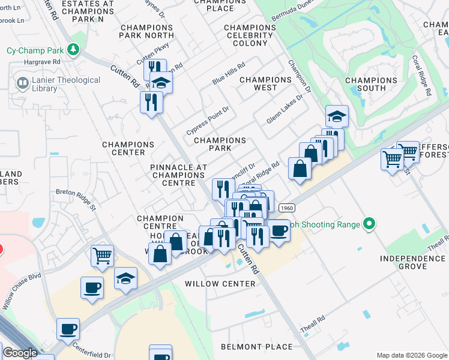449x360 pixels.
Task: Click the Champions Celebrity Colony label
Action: (x=250, y=35)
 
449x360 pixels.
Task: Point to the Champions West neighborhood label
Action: (x=266, y=83)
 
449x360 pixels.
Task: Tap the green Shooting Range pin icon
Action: (x=369, y=224)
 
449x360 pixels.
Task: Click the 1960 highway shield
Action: (x=286, y=206)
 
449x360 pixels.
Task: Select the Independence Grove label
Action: (x=413, y=263)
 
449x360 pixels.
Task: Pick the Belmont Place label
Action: (x=256, y=347)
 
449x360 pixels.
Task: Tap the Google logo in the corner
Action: (x=20, y=353)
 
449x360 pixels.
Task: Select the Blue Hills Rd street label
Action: (x=229, y=75)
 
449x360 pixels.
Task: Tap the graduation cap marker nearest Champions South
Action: (x=337, y=116)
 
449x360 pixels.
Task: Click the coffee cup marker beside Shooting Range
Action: (x=278, y=230)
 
